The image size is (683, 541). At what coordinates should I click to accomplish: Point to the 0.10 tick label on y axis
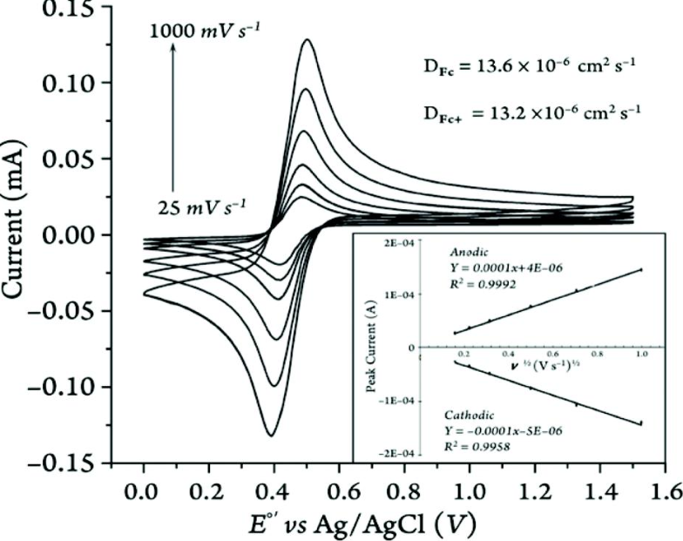[x=64, y=83]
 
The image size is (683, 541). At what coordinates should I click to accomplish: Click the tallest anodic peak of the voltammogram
[x=307, y=40]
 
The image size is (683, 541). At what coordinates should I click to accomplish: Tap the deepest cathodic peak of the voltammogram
[x=272, y=435]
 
